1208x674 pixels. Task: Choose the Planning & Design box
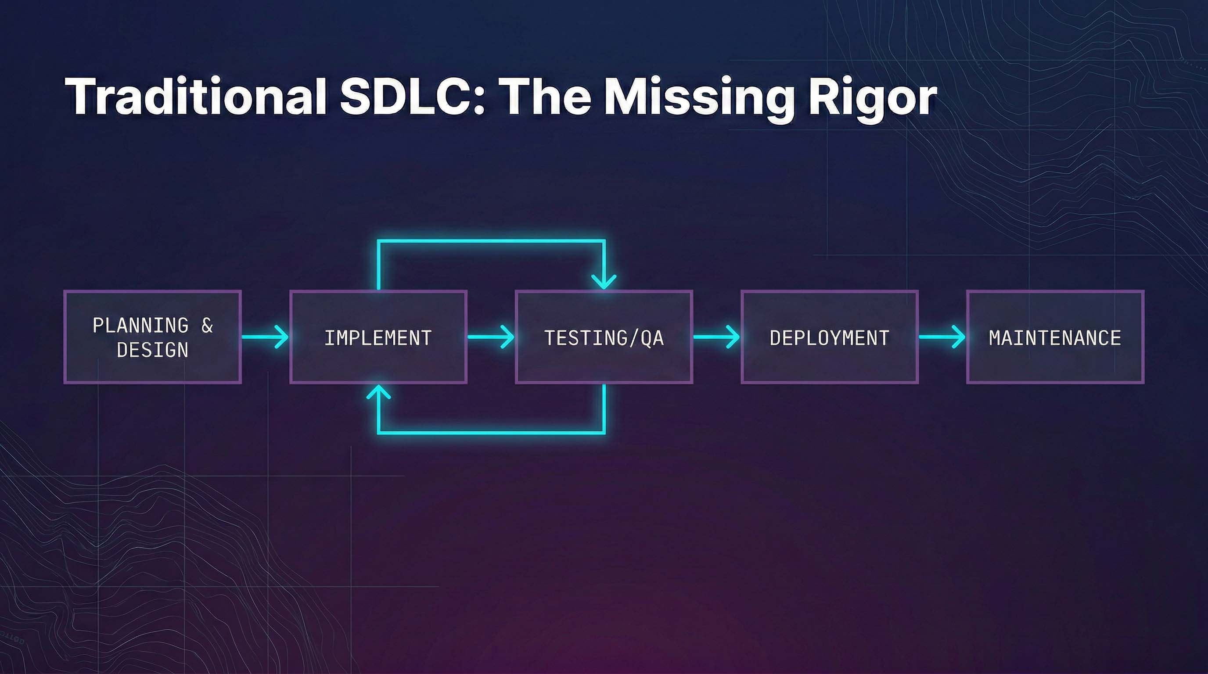tap(152, 337)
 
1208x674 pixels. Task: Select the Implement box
tap(378, 337)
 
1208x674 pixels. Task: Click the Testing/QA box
tap(604, 337)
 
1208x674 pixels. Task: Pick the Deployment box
tap(829, 337)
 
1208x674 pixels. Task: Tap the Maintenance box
tap(1055, 337)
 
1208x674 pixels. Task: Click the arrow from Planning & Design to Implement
tap(266, 337)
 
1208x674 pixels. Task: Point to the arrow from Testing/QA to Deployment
tap(716, 337)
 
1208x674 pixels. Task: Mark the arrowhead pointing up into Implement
tap(378, 392)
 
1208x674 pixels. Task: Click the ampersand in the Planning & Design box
tap(207, 325)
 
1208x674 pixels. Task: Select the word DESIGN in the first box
tap(152, 350)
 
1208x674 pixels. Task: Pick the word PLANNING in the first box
tap(140, 325)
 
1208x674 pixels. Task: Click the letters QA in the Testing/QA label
tap(652, 338)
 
